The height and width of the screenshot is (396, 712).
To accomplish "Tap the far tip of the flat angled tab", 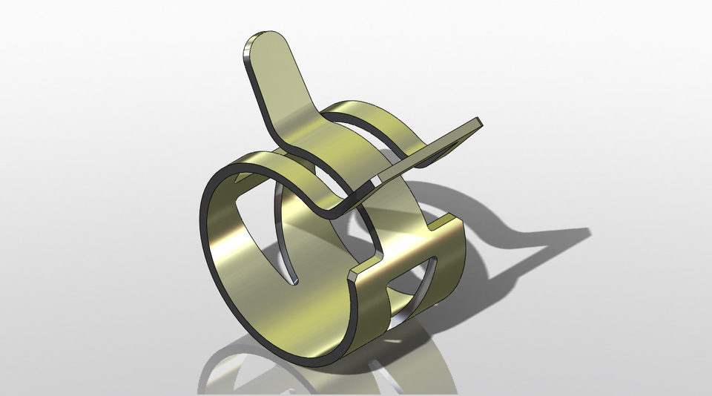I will click(x=476, y=124).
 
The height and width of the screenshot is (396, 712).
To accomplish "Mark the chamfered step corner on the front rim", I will click(x=355, y=270).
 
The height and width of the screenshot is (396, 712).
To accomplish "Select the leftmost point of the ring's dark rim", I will click(x=203, y=215).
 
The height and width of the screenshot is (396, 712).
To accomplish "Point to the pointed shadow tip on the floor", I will click(x=590, y=231).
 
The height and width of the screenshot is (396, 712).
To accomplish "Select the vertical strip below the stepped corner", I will click(x=375, y=311).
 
